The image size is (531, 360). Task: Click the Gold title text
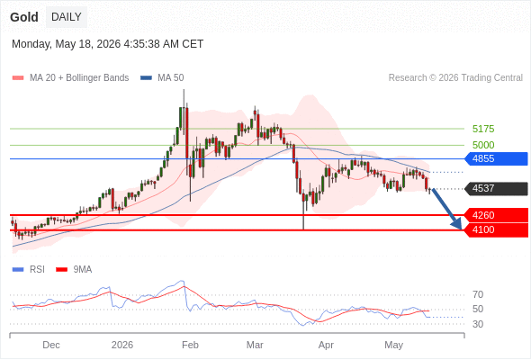pos(24,17)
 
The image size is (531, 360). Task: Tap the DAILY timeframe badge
pos(67,17)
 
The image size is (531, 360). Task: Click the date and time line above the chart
pos(107,44)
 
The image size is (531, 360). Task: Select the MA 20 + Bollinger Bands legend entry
pos(70,78)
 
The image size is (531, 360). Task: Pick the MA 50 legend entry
pos(162,78)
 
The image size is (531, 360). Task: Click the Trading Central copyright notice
pos(455,78)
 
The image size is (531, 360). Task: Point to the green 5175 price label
pos(483,129)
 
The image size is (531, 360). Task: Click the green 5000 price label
pos(483,145)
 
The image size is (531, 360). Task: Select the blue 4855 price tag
pos(496,158)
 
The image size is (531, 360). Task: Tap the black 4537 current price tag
pos(496,188)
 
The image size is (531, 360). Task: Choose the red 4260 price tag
pos(496,215)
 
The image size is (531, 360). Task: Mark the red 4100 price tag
pos(496,230)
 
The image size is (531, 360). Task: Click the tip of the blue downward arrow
pos(461,229)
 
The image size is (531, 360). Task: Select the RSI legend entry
pos(29,270)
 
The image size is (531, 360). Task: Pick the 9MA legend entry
pos(74,270)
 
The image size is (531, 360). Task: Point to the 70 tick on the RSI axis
pos(478,294)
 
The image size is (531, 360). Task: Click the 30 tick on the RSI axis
pos(478,324)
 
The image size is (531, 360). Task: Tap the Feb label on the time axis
pos(190,345)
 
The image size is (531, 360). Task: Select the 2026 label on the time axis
pos(122,345)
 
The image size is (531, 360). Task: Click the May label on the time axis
pos(394,346)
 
